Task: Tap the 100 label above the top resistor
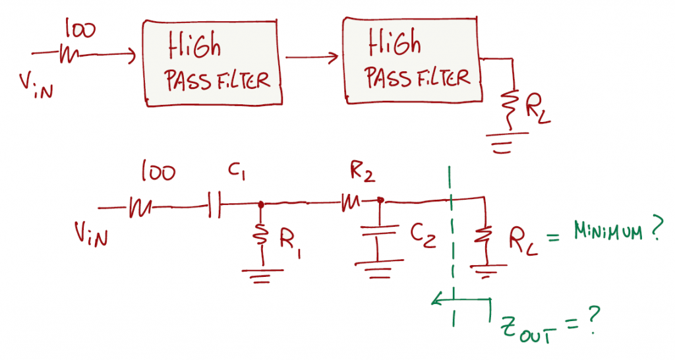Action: tap(80, 30)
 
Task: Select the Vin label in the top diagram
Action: tap(36, 85)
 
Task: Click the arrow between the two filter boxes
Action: tap(312, 57)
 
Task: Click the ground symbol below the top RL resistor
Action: tap(507, 142)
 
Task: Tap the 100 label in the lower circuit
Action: tap(158, 172)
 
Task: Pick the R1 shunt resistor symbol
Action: tap(261, 235)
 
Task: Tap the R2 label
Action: tap(362, 172)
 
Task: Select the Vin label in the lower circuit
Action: tap(91, 234)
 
